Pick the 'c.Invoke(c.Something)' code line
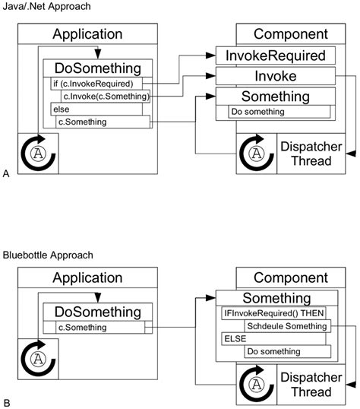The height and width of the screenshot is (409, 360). point(105,96)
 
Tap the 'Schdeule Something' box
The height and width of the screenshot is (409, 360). point(287,325)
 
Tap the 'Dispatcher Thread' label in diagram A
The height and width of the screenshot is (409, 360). point(306,154)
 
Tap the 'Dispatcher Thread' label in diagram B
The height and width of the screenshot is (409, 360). point(306,385)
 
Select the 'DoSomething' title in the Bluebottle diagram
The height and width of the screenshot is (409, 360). point(97,312)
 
